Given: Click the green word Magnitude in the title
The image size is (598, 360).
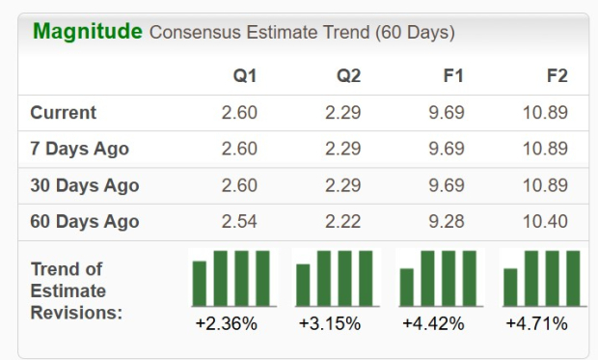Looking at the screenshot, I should (x=88, y=31).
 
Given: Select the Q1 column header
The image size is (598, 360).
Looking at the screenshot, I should (x=245, y=76).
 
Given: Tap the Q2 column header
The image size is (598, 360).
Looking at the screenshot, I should (x=348, y=76).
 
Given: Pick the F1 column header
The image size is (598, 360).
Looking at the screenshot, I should (x=451, y=76).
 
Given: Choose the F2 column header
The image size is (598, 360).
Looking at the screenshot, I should (x=557, y=76).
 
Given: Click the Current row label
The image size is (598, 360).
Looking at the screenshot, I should (x=64, y=113).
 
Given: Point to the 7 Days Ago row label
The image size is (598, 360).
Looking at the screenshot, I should (x=79, y=149).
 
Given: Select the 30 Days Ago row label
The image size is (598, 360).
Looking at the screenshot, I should (x=84, y=185).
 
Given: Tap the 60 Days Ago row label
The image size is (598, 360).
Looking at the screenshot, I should (x=84, y=221).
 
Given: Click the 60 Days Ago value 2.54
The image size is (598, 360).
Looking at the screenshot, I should (x=239, y=221).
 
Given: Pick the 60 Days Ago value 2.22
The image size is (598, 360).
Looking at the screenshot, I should (x=342, y=221).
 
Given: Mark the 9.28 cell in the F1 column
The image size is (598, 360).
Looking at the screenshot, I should (x=446, y=221).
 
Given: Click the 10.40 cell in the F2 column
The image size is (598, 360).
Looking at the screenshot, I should (x=546, y=221).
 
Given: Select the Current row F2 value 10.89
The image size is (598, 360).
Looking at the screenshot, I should (x=546, y=113).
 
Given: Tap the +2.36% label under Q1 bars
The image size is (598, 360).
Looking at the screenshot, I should (x=226, y=323).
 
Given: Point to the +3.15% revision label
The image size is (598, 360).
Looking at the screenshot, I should (x=330, y=323).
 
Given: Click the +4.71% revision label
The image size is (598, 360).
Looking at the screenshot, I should (x=537, y=323).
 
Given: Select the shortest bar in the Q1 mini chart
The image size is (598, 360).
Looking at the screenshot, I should (x=200, y=283).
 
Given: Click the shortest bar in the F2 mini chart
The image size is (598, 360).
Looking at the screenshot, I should (x=510, y=287).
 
